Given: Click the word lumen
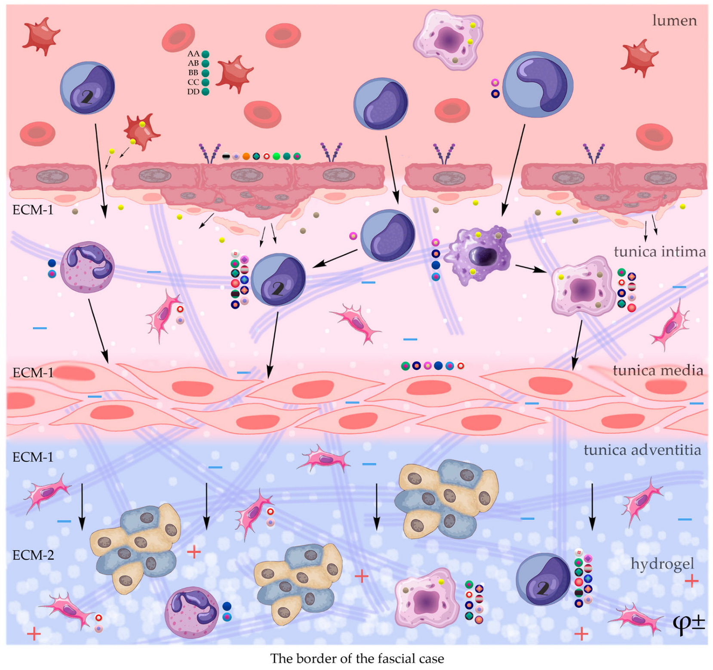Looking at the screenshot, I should point(674,20).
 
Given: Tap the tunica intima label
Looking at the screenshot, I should point(659,252).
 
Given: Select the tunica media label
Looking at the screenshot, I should point(657,370).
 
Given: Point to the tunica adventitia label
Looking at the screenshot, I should point(642,450).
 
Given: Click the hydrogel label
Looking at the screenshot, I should point(662,563).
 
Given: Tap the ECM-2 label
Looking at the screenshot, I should point(33,555).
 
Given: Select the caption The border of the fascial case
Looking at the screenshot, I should point(356,658).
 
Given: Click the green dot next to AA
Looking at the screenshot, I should point(206,54).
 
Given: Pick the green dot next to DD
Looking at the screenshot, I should point(206,92).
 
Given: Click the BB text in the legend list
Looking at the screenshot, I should point(193,73).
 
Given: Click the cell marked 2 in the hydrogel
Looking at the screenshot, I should point(543,579).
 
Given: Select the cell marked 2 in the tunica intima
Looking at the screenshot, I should point(278,280).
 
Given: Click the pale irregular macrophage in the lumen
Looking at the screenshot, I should point(449,40).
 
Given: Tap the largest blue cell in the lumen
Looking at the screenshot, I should point(538,85).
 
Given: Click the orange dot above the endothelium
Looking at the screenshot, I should point(246,157).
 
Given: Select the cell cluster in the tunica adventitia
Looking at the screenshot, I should point(447,499).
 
